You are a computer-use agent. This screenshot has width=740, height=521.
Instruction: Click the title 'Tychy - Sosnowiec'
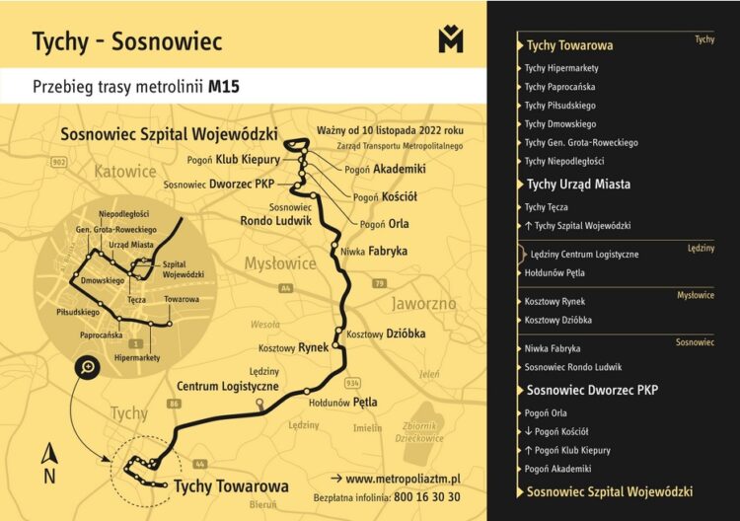127,41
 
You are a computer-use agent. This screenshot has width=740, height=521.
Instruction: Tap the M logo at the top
450,39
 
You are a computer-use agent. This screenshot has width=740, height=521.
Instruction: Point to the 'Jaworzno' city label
425,303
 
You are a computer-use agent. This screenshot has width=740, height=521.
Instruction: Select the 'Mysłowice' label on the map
281,263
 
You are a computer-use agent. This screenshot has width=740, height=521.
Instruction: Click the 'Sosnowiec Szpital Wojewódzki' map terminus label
169,134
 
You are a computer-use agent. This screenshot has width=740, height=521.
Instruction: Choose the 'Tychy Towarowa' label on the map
231,486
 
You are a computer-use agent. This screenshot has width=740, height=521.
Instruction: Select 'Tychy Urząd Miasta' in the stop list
578,185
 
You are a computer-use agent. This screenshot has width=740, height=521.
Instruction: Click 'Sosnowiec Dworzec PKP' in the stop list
592,390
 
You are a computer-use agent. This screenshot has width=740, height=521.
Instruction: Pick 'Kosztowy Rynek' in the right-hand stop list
556,301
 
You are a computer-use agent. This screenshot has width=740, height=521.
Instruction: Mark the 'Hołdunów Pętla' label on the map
343,403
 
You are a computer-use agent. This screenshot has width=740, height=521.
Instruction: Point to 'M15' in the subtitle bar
224,87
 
